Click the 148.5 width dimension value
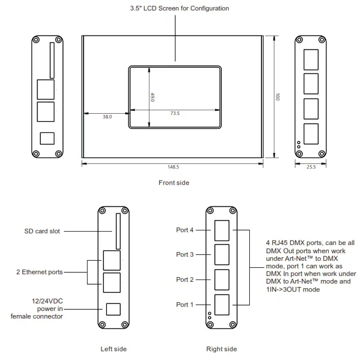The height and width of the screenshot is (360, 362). pos(173,167)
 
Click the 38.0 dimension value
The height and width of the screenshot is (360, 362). pos(107,117)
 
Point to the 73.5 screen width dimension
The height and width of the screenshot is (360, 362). pos(175,113)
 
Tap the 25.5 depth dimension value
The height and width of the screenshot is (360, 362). pos(311,167)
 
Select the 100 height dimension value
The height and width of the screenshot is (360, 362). pos(278,96)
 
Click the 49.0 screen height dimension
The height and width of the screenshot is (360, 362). pos(152,97)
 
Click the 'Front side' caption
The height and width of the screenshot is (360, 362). pos(174,183)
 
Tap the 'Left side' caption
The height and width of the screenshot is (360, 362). pos(113,349)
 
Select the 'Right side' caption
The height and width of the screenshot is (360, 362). pos(222,349)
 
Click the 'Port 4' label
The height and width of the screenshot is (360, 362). pos(185,230)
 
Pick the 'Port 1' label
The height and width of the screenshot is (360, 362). pos(185,305)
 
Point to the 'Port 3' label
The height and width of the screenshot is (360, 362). pos(185,254)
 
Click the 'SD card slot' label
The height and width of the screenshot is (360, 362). pos(42,231)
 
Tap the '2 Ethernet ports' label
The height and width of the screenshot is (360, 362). pos(39,272)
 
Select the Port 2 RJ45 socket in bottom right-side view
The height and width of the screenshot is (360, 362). pos(222,279)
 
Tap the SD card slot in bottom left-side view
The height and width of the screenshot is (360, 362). pos(117,230)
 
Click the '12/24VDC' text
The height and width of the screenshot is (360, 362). pos(47,301)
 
